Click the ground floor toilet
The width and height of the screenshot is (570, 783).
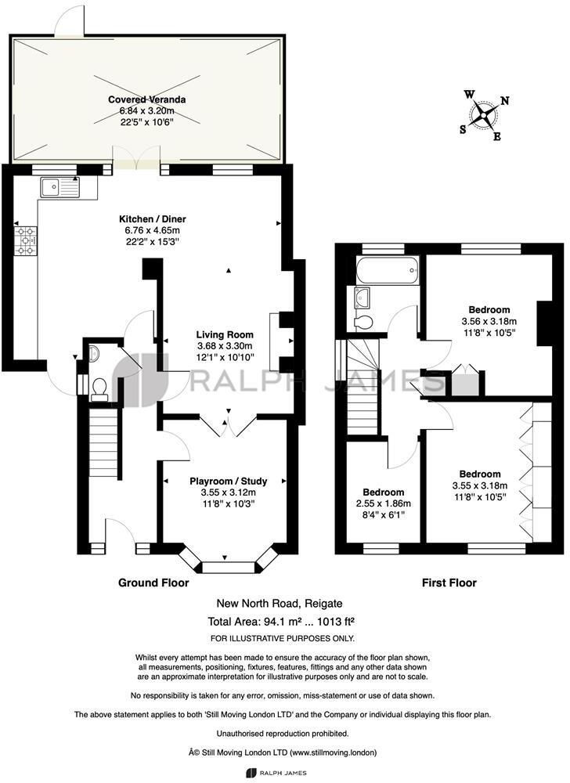[x=99, y=388]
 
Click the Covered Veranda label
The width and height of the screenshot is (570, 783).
[x=146, y=100]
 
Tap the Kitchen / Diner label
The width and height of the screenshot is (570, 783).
[x=152, y=219]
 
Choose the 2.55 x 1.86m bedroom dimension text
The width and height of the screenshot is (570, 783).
[x=383, y=503]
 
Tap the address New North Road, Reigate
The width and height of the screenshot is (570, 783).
[x=280, y=604]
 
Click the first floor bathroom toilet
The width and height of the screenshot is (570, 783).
[x=363, y=323]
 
